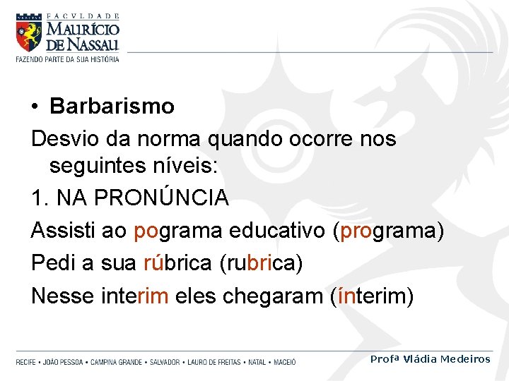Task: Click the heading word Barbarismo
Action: point(112,107)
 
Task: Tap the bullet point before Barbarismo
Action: point(35,107)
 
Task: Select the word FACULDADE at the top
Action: point(83,16)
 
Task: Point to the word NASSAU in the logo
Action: point(93,44)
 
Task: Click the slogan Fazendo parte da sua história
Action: point(68,59)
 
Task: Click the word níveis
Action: point(184,167)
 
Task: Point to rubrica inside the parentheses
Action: point(262,263)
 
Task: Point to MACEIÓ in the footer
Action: point(283,362)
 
